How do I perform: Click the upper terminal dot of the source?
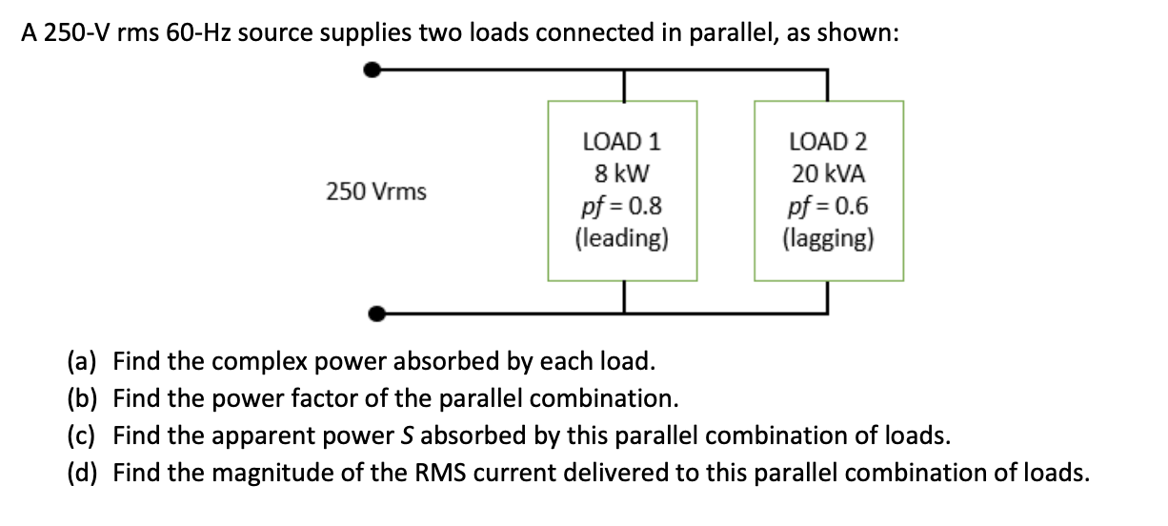point(376,70)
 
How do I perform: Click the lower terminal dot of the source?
point(376,312)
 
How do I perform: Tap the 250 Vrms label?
point(376,192)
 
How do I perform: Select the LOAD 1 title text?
point(621,142)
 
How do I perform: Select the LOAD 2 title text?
point(828,142)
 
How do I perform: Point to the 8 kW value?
point(621,174)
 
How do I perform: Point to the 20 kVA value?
point(828,174)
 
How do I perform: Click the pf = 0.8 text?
point(621,206)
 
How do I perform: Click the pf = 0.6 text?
point(828,206)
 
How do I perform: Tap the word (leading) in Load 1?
point(621,237)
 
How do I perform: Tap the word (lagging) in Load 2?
point(828,237)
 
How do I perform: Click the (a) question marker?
point(82,362)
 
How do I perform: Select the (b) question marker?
point(82,398)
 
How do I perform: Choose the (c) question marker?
point(82,435)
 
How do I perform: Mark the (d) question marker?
point(82,473)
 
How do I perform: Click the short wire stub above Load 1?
point(622,85)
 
